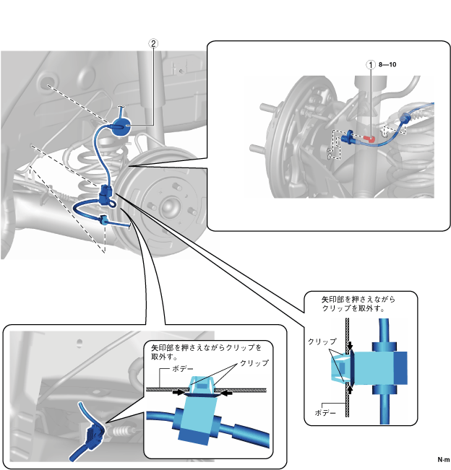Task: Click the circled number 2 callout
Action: pos(153,43)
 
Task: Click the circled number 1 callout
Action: pos(371,64)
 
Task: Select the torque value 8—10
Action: pos(388,64)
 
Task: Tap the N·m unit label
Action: pos(443,460)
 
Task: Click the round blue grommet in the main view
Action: pos(120,127)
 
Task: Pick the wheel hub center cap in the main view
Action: pos(171,206)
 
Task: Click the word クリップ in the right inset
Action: pos(322,341)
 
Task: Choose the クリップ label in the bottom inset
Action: pos(254,363)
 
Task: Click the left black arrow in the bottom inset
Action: pos(178,393)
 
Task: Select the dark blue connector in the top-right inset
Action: pos(349,137)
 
